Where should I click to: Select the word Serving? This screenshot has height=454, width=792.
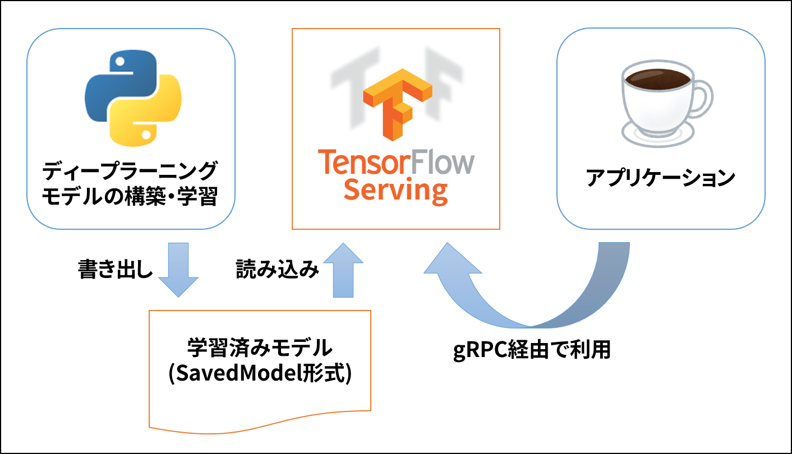(x=395, y=191)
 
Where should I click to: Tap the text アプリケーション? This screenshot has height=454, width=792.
(x=660, y=178)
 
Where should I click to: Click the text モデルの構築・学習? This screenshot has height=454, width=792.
(x=130, y=196)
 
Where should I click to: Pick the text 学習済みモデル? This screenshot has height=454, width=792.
(x=260, y=349)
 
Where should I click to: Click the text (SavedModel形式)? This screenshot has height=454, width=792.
(x=260, y=374)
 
